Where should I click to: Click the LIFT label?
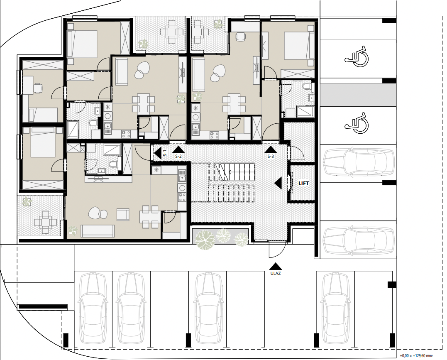pos(304,184)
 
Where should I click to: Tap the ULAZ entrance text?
pos(276,273)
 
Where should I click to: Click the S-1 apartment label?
pos(165,154)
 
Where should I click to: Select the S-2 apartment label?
pos(178,156)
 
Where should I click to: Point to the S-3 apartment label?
pos(271,156)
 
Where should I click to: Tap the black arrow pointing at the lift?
pos(278,183)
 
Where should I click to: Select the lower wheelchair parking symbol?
pos(357,123)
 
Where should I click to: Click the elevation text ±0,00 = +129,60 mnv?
pos(416,356)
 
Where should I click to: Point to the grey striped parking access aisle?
pos(358,95)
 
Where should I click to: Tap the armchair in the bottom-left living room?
pos(123,215)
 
